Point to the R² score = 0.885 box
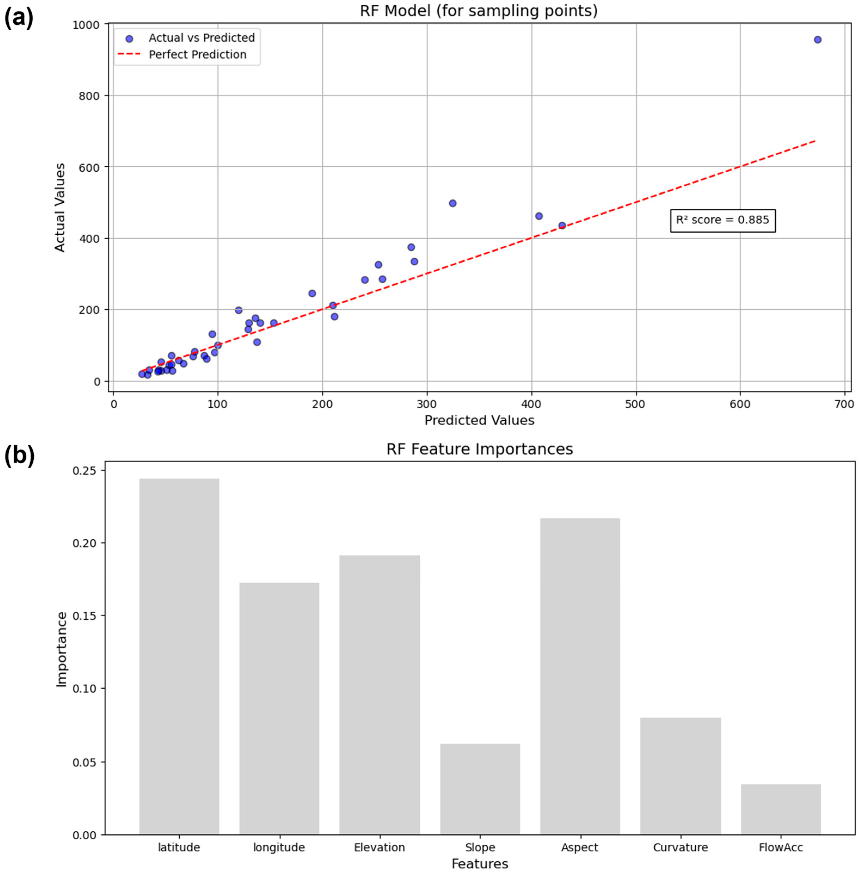pos(722,220)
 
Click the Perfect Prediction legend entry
pos(197,55)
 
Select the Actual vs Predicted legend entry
pos(201,38)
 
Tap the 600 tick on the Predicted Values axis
pos(740,404)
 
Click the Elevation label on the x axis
pos(379,848)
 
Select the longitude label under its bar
pos(279,848)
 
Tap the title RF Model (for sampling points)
pos(479,11)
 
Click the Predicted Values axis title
pos(479,420)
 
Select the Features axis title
pos(480,864)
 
